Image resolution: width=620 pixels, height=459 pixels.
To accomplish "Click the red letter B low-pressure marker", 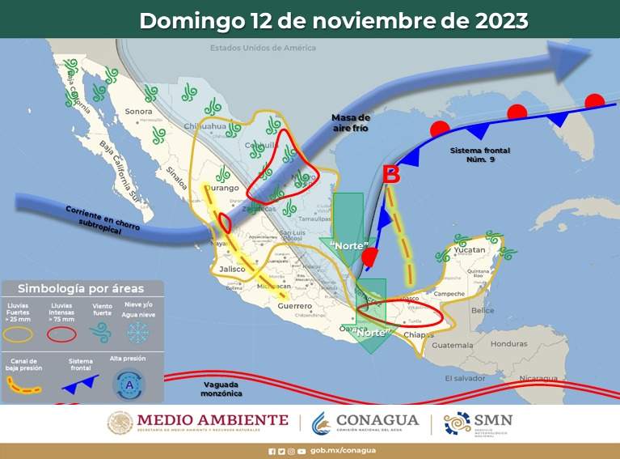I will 391,174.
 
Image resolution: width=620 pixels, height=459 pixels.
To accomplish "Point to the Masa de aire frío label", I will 351,123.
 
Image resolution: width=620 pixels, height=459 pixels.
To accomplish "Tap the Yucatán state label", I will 468,251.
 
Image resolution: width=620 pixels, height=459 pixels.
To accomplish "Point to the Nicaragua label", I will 538,378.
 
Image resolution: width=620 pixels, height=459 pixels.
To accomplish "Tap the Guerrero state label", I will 293,307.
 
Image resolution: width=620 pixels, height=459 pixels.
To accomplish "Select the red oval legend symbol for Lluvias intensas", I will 62,332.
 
